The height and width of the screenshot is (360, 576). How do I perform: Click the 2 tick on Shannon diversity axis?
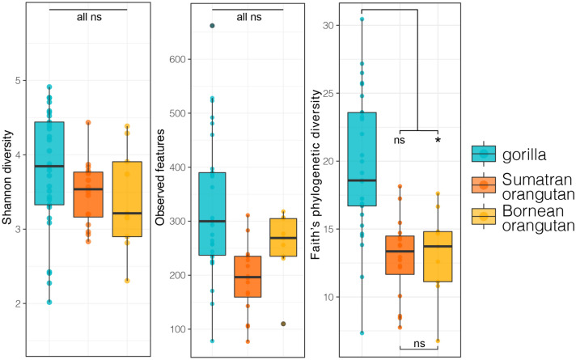coord(19,303)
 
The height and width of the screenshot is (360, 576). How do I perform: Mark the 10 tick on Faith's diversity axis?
coord(328,298)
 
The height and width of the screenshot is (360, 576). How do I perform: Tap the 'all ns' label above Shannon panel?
coord(88,17)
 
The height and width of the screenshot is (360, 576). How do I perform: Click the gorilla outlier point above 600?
coord(212,26)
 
